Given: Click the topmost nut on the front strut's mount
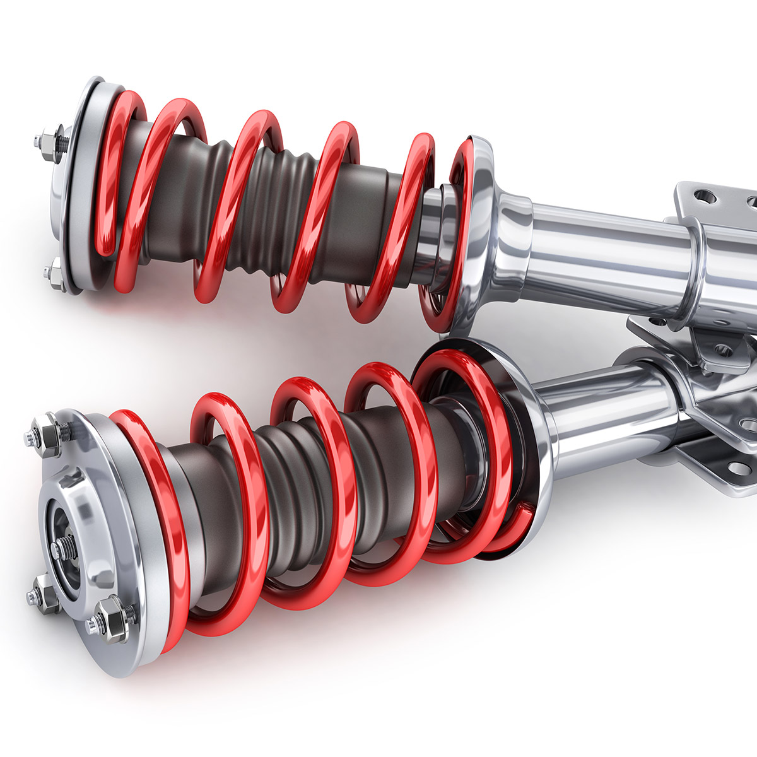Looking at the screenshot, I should pos(49,433).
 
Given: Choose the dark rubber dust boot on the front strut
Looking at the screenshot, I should pos(303,479).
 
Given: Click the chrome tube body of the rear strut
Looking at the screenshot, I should pos(606,246).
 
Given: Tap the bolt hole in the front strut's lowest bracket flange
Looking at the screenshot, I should pos(735,467).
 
